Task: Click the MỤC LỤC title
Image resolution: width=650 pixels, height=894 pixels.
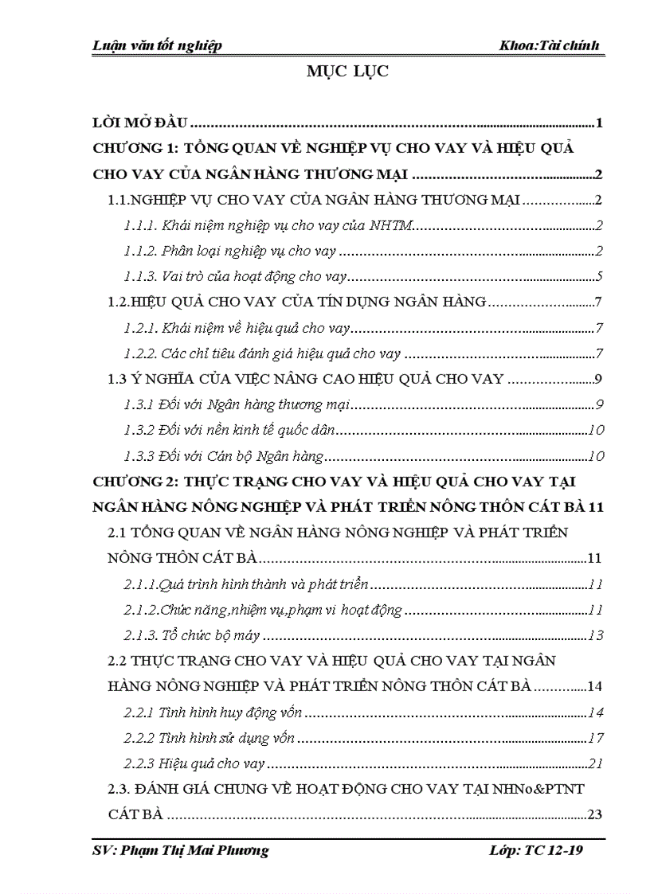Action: click(347, 72)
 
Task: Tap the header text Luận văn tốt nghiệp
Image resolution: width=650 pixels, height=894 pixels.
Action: click(156, 45)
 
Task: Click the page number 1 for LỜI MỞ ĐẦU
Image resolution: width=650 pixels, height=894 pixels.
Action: click(598, 123)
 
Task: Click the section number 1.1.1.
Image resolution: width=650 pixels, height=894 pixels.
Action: click(139, 227)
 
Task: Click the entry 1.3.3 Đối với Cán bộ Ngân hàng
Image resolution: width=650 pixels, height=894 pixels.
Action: click(224, 456)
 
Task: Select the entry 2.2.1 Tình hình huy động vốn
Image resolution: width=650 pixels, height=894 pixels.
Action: click(212, 712)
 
